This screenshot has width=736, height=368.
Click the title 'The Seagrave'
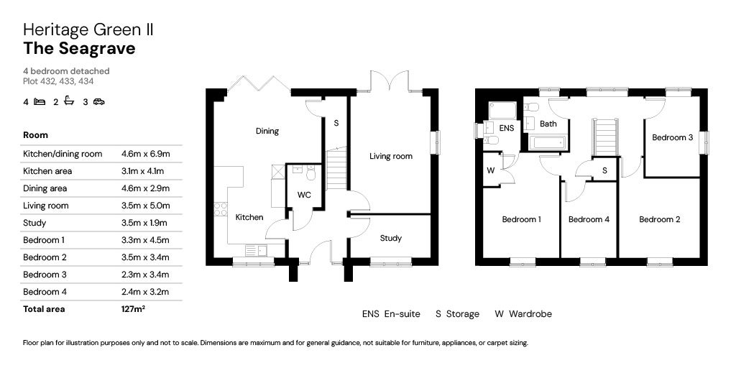(79, 49)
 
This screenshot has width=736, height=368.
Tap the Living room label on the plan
(391, 156)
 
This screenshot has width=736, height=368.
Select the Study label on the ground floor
(391, 238)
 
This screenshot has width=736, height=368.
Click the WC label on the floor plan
(304, 195)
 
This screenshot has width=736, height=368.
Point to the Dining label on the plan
(267, 131)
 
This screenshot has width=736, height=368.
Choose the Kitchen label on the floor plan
(249, 217)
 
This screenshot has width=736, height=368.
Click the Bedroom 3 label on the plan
(672, 137)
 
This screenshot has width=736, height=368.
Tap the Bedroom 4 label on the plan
(589, 219)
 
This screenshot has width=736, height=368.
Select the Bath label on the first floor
(548, 124)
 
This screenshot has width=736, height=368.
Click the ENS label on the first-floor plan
(507, 128)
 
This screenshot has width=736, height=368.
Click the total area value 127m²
(134, 309)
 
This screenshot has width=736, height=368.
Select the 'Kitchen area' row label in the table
(47, 171)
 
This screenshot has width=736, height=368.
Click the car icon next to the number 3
(98, 102)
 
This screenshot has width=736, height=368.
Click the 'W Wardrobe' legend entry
(523, 314)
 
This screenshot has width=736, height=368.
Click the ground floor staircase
(336, 170)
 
